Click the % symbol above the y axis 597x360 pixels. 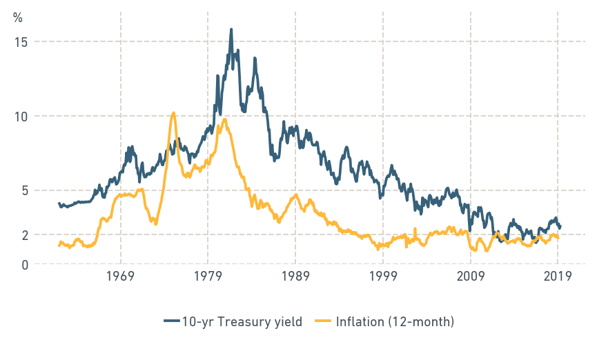tap(18, 18)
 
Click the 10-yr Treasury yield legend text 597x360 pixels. tap(242, 321)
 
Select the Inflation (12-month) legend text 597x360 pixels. tap(394, 321)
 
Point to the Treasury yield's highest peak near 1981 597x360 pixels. tap(231, 30)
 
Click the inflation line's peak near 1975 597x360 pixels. tap(173, 113)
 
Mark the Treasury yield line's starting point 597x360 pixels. tap(59, 203)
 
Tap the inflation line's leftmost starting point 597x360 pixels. tap(59, 246)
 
